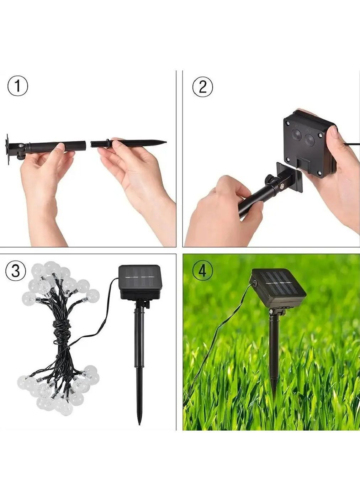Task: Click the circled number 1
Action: pos(18,87)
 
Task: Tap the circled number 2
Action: pos(202,87)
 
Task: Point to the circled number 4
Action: pos(202,271)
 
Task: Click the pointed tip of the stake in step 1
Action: pos(166,142)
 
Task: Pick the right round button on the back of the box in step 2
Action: pos(310,140)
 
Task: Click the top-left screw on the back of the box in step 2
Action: pos(288,122)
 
